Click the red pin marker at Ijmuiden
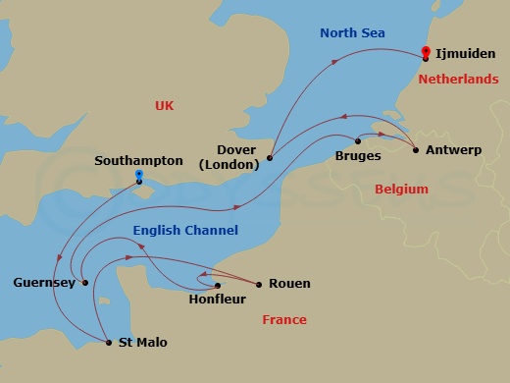pyautogui.click(x=425, y=53)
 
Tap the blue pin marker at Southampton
pyautogui.click(x=139, y=178)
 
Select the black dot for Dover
pyautogui.click(x=270, y=157)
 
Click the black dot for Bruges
pyautogui.click(x=358, y=140)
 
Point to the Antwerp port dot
pyautogui.click(x=416, y=150)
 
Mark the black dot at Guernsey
pyautogui.click(x=86, y=283)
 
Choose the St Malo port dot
pyautogui.click(x=108, y=342)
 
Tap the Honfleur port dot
pyautogui.click(x=218, y=285)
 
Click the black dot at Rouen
pyautogui.click(x=259, y=285)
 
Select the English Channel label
pyautogui.click(x=185, y=231)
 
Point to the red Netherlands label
pyautogui.click(x=458, y=80)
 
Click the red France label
pyautogui.click(x=284, y=320)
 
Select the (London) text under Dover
pyautogui.click(x=229, y=165)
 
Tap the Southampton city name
pyautogui.click(x=138, y=160)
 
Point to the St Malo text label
pyautogui.click(x=142, y=343)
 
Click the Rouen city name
pyautogui.click(x=289, y=284)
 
